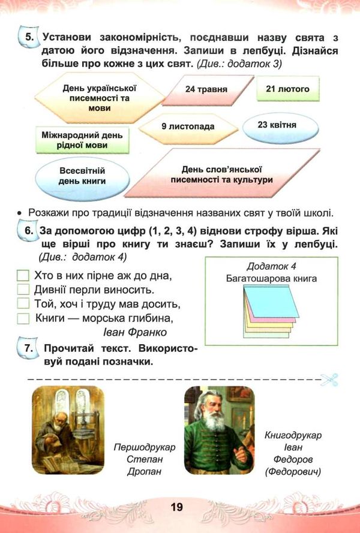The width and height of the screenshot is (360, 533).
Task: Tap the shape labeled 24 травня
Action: pos(206,89)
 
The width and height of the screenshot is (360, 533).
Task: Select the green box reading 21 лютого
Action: pos(287,89)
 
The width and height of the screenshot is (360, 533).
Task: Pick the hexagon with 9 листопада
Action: pos(187,127)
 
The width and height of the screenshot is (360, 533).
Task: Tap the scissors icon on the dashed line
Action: pos(329,379)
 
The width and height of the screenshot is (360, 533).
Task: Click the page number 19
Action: pos(176,507)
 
